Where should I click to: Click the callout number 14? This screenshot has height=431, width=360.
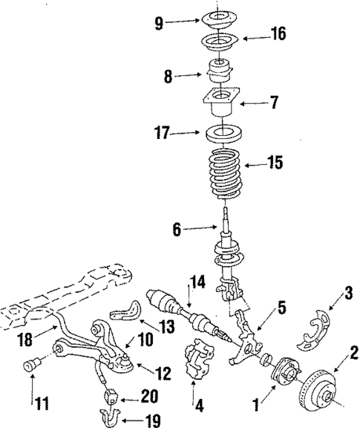point(196,282)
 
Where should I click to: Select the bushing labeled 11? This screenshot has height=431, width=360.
point(34,367)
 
